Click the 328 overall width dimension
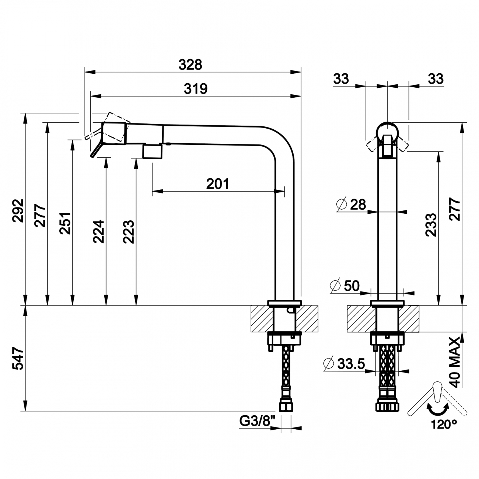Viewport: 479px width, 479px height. pos(190,64)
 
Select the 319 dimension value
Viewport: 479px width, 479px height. pos(195,88)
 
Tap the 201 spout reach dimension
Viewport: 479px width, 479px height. pos(217,183)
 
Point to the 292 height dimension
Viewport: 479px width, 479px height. pos(18,211)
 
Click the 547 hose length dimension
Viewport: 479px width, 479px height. pos(18,358)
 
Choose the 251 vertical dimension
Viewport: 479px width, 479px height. pos(65,223)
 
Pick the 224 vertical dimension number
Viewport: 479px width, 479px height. pos(98,231)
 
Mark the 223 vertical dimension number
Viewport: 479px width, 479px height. pos(128,231)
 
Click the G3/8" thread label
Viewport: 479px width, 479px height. pos(255,420)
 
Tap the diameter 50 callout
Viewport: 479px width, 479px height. pos(345,286)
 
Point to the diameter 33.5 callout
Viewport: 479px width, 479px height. pos(344,364)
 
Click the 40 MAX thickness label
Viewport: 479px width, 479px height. pos(455,362)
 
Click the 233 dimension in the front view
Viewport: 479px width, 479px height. pos(431,224)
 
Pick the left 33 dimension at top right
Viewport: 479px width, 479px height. pos(341,79)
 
